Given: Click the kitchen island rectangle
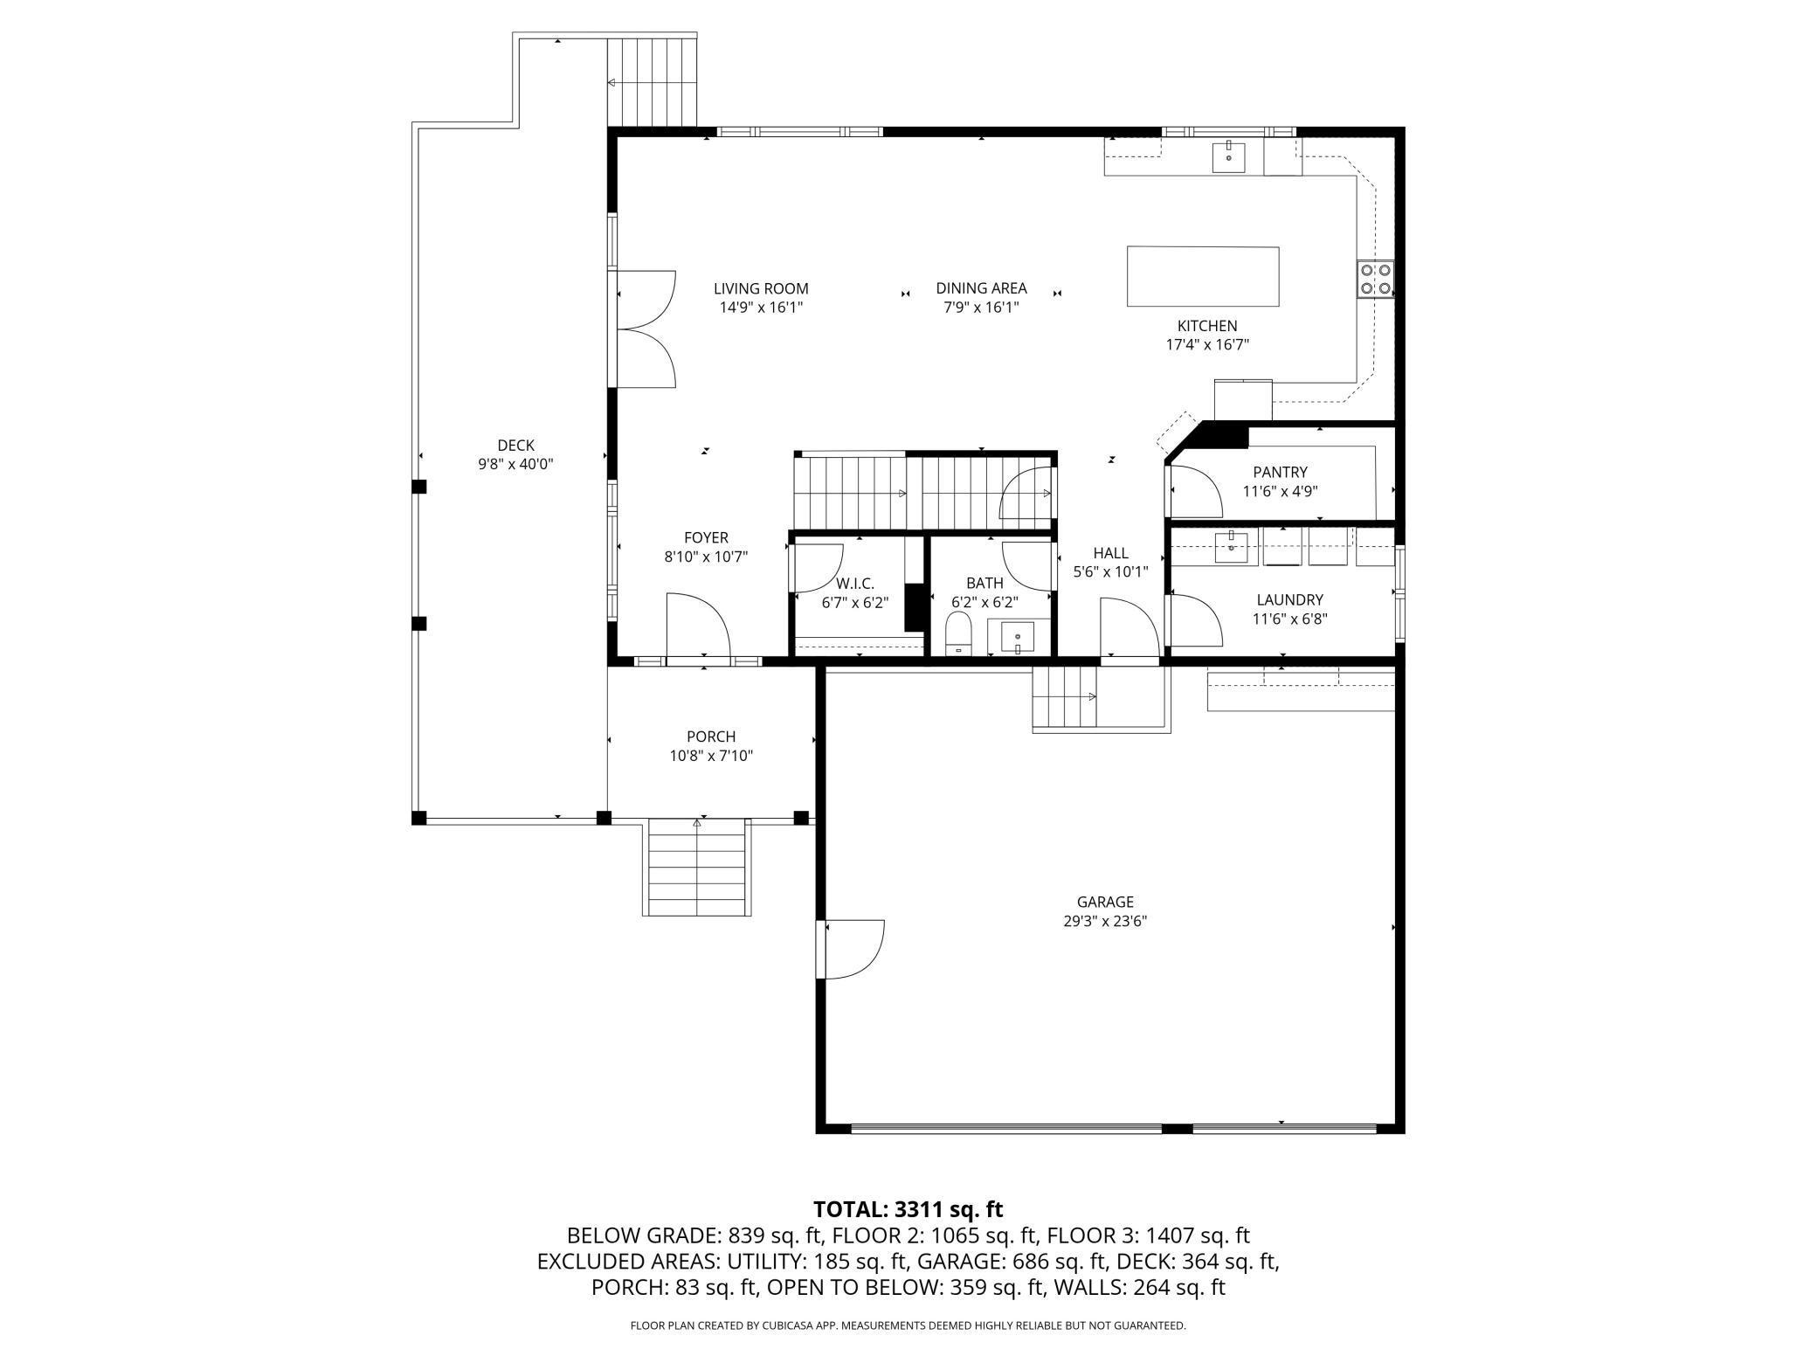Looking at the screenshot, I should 1202,276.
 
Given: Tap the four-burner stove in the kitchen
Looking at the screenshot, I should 1374,279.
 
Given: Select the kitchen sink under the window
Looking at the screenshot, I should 1228,157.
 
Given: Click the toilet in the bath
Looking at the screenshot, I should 958,633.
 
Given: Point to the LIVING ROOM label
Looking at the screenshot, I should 761,288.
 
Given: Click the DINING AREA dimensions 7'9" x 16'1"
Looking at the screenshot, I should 981,308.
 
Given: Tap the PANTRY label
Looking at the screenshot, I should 1280,473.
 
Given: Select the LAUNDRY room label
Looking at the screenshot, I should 1289,599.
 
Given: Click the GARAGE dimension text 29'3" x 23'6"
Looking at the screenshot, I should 1104,921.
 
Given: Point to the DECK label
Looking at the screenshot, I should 515,446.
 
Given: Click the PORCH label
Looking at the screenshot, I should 711,737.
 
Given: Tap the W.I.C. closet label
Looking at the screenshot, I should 854,583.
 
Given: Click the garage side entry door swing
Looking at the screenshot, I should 852,948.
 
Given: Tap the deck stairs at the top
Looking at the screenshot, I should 652,80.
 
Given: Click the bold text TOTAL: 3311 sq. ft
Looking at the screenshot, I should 908,1209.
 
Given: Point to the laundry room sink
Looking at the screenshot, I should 1231,548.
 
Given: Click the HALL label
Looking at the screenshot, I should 1110,553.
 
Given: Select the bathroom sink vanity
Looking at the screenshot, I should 1018,636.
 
